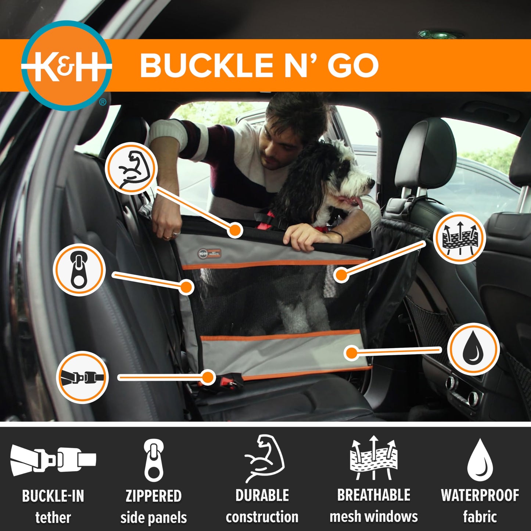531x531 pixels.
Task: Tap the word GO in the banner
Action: coord(352,65)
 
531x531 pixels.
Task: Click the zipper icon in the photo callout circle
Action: coord(79,270)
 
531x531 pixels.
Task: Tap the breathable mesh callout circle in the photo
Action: coord(459,238)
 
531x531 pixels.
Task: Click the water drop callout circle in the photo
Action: coord(474,349)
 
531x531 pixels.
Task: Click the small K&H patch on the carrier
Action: coord(209,253)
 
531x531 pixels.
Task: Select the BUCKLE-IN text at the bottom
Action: coord(53,496)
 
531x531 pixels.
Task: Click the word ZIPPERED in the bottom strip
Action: coord(153,496)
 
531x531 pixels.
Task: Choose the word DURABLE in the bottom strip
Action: coord(262,495)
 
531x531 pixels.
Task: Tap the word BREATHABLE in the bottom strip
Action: coord(373,495)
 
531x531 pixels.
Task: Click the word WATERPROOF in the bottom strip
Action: coord(480,495)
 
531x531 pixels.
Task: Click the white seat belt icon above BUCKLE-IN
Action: coord(53,459)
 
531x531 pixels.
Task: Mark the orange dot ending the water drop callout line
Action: coord(352,353)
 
